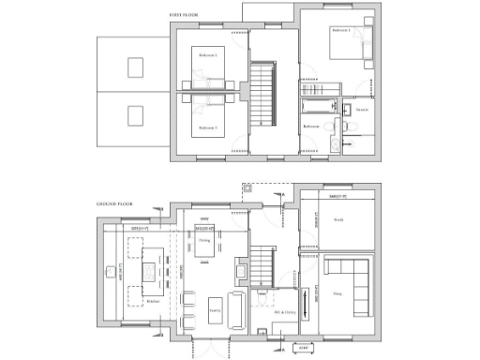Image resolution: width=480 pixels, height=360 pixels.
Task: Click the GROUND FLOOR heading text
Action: coord(113,203)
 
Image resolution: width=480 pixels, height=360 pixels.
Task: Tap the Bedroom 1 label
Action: coord(340,30)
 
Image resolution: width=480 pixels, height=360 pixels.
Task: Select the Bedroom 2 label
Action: coord(208,55)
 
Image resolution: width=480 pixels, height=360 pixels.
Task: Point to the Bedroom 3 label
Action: coord(208,127)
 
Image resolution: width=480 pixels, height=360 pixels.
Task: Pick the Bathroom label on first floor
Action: coord(311,126)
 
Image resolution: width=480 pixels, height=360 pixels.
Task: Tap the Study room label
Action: coord(338,220)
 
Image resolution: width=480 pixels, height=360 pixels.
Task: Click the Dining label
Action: coord(203,241)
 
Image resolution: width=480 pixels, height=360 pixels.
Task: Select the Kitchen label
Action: coord(153,301)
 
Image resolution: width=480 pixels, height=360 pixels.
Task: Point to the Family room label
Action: coord(215,307)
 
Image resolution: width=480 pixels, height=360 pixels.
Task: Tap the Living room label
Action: coord(337,293)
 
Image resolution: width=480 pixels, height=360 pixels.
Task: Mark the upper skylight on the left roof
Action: coord(136,67)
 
